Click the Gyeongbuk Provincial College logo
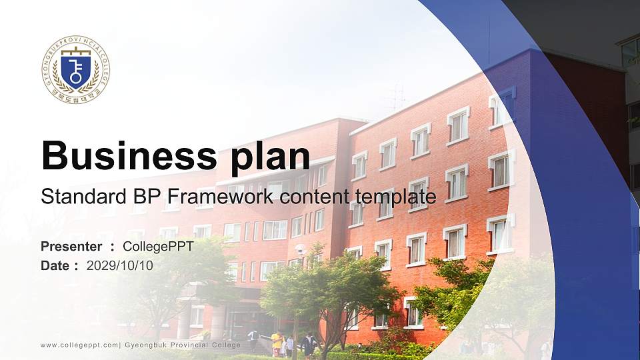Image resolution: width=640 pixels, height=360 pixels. pos(75,69)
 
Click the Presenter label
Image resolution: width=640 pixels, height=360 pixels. pos(71,247)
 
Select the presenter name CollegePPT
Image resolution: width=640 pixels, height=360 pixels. pos(158,247)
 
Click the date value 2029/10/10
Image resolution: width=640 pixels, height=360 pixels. pos(119,265)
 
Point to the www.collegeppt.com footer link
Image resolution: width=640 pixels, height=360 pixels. pos(79,345)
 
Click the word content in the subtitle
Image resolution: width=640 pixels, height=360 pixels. pos(316,197)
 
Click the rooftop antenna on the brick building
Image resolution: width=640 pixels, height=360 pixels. pos(398,97)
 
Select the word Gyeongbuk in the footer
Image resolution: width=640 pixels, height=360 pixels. pos(146,345)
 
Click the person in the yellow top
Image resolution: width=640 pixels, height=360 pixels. pos(276,341)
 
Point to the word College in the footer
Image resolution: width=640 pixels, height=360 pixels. pos(226,345)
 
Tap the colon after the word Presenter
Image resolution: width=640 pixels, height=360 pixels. pos(113,247)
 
